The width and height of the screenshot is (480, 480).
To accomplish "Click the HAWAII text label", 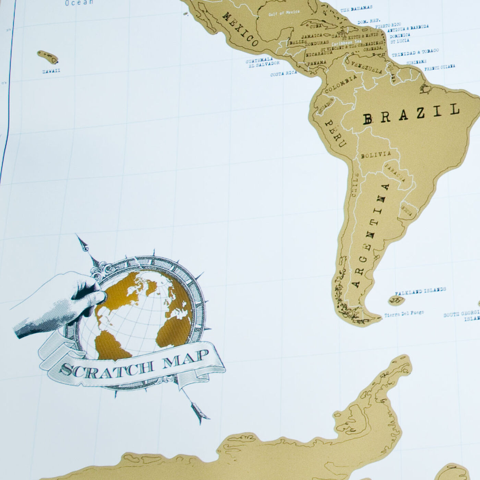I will click(x=51, y=71).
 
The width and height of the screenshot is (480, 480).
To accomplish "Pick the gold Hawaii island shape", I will click(x=48, y=57).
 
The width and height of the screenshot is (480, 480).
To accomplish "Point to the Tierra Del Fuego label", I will click(x=404, y=313).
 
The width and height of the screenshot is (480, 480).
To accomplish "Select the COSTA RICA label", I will click(x=283, y=73).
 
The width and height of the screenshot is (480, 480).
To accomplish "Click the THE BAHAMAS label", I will click(x=357, y=9).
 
